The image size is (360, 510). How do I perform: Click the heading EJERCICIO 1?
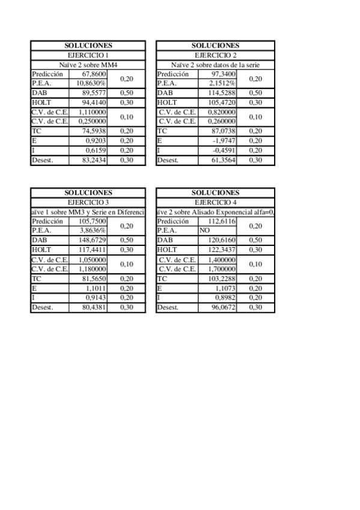click(x=88, y=55)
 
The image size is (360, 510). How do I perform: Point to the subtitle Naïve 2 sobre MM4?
click(x=88, y=64)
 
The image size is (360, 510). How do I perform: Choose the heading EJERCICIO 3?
click(x=88, y=202)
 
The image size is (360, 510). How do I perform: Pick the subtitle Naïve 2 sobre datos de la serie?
click(x=215, y=64)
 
